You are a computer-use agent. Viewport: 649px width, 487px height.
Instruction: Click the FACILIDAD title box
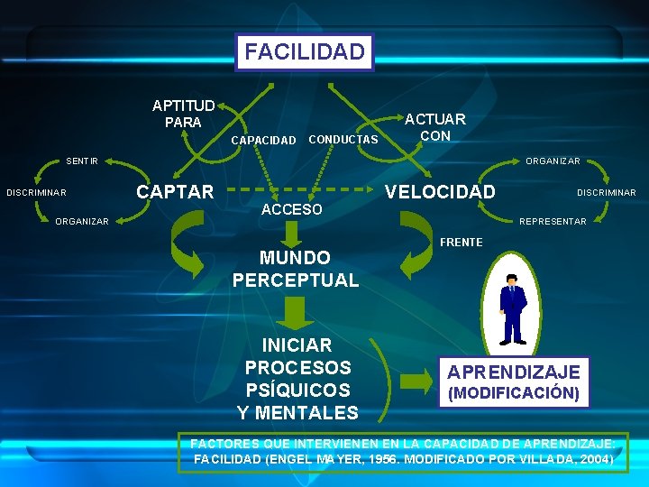coord(305,51)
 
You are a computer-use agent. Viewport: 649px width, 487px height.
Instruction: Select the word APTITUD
coord(183,106)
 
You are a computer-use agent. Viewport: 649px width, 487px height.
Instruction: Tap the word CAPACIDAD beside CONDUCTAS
coord(263,140)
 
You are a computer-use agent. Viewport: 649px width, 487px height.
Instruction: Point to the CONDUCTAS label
coord(343,139)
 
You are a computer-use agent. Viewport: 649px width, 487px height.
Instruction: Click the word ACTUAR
coord(434,119)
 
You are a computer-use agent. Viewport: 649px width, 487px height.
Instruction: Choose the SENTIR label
coord(82,161)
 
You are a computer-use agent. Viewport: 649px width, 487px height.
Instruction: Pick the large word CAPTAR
coord(175,191)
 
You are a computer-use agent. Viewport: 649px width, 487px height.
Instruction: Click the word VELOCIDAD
coord(440,191)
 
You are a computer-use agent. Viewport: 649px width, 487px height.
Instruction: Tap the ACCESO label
coord(291,210)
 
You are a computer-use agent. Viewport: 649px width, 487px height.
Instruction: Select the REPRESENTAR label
coord(553,221)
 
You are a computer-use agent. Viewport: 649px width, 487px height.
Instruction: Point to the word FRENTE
coord(462,243)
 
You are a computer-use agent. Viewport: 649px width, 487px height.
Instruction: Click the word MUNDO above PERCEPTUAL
coord(295,258)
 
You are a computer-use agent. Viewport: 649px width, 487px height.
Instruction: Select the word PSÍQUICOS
coord(297,391)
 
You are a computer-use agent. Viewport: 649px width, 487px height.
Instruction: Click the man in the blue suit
coord(513,308)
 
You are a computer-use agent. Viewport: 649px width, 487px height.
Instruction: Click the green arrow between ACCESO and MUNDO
coord(291,234)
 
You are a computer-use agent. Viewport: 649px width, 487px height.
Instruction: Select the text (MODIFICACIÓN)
coord(514,393)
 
